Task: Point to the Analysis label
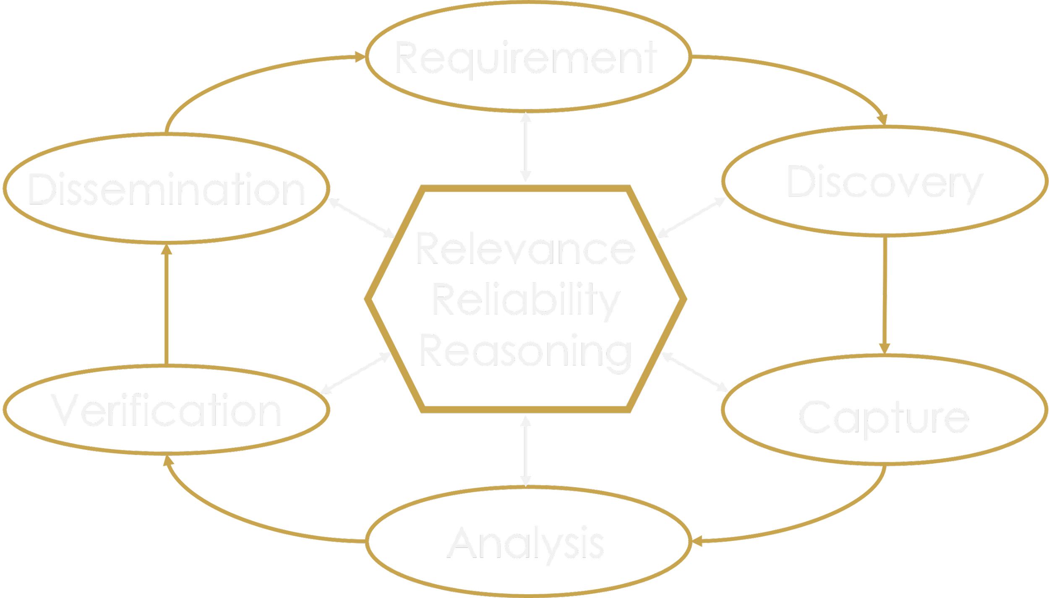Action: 526,543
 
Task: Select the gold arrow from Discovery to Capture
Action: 885,294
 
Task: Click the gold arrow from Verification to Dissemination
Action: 167,304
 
